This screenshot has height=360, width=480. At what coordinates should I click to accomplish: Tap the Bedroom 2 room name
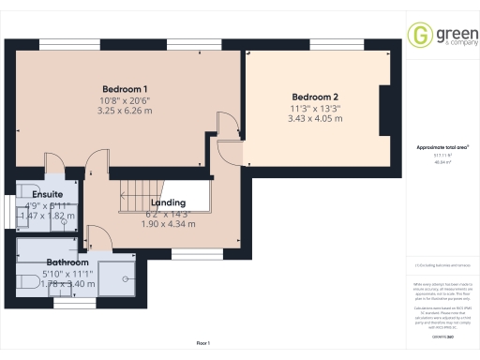[316, 97]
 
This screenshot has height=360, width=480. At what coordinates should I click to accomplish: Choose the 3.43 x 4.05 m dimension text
[316, 120]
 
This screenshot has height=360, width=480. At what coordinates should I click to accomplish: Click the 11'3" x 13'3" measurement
[316, 109]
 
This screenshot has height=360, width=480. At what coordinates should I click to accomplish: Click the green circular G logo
[419, 35]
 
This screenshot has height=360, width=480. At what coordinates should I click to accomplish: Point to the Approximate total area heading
[442, 148]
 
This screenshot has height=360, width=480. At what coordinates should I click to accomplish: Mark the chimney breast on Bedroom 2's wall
[383, 112]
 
